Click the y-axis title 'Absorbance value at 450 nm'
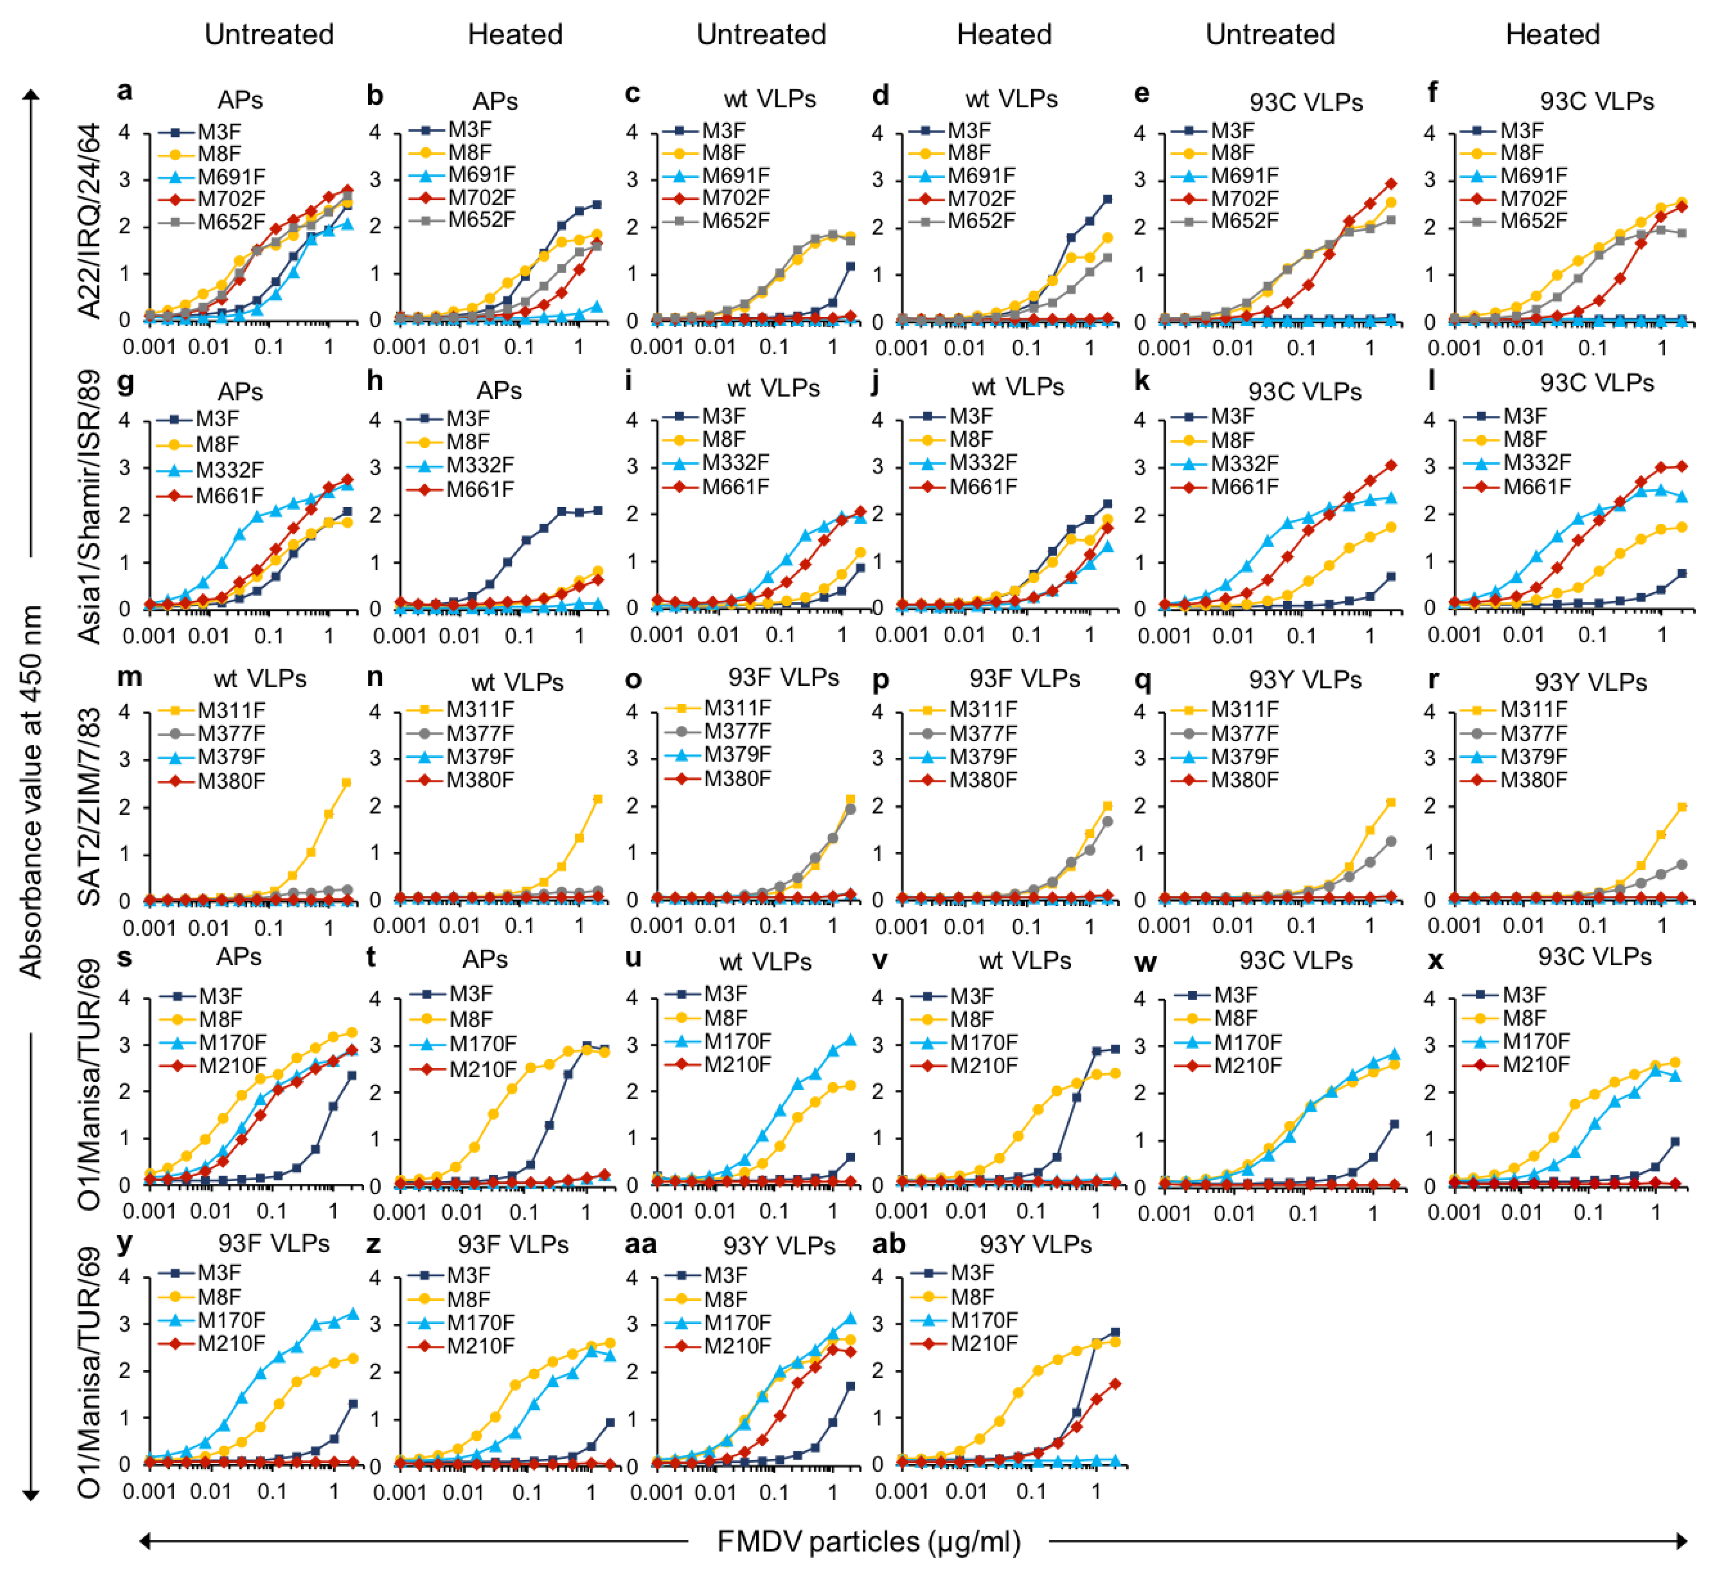coord(32,792)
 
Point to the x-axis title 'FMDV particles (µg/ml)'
coord(868,1542)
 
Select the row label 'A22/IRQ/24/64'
coord(89,221)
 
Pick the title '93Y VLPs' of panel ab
coord(1035,1245)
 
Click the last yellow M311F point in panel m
coord(347,783)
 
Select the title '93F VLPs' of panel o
coord(784,678)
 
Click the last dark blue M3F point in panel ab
coord(1116,1332)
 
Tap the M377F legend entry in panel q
coord(1244,733)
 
